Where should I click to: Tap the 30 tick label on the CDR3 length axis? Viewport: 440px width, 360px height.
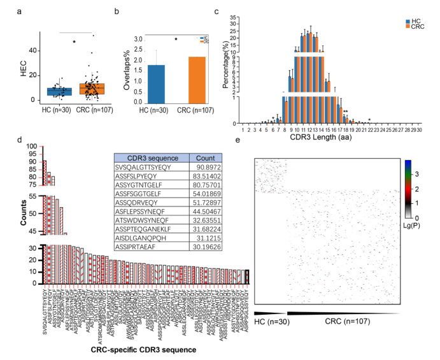[420, 129]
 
